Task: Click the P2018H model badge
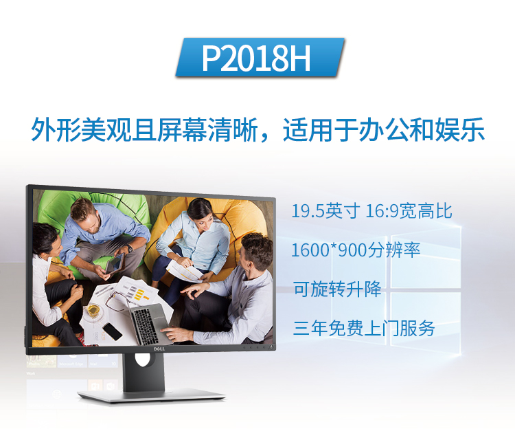260,58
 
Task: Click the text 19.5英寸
325,211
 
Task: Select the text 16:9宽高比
409,211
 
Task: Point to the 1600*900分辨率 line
356,250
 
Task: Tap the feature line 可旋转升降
337,289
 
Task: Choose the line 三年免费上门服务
364,328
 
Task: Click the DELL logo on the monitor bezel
159,349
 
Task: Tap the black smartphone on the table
112,331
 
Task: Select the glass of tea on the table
93,310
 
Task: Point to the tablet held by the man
115,264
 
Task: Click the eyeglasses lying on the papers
118,302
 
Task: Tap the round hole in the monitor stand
144,360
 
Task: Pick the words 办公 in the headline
383,129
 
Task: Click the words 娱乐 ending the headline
459,129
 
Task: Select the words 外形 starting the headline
56,129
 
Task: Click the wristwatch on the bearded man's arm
129,248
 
